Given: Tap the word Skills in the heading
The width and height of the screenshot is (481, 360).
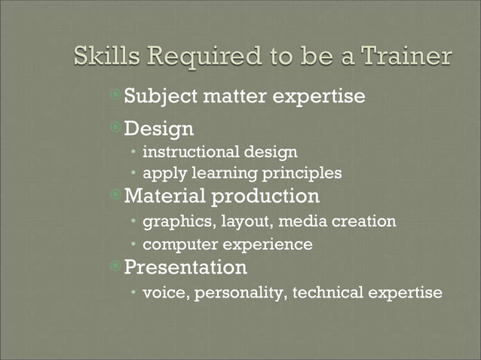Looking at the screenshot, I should (x=104, y=57).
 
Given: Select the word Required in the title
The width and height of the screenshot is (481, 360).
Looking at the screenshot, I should (x=197, y=57).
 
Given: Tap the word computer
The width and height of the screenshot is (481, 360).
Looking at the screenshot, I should (x=176, y=245).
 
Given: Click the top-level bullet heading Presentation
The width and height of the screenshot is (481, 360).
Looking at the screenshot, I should (x=185, y=267).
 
